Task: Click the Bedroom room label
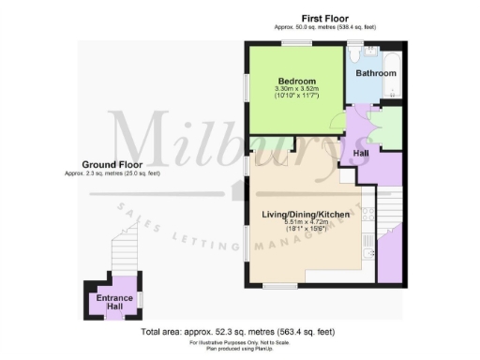click(x=297, y=80)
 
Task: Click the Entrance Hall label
click(x=111, y=302)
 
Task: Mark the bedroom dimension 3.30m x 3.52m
click(x=297, y=89)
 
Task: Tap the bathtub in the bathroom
click(x=394, y=75)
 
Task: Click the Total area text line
click(x=238, y=332)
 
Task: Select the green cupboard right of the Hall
click(x=388, y=129)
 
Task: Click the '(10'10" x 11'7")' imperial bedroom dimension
click(x=297, y=97)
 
